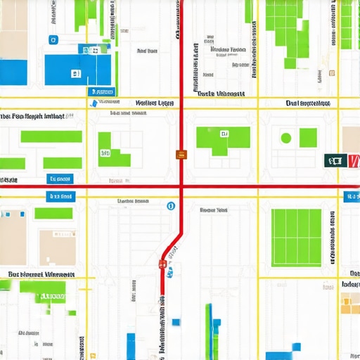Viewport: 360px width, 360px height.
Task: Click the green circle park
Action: [x=286, y=138]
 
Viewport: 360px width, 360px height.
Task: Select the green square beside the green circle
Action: [x=308, y=137]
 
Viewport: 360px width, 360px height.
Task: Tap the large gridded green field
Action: [x=296, y=238]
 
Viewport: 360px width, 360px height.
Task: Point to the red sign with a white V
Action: [x=352, y=161]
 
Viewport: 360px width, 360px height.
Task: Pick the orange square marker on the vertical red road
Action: [x=181, y=154]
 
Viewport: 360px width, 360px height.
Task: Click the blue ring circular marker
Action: [x=170, y=206]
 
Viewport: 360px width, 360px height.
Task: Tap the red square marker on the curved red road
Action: [x=163, y=264]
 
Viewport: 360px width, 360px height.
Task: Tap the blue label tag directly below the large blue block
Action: [x=101, y=91]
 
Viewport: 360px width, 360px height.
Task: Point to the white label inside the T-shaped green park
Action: [x=224, y=133]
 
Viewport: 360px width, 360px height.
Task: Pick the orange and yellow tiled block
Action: [x=349, y=303]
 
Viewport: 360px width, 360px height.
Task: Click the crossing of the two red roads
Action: [x=181, y=186]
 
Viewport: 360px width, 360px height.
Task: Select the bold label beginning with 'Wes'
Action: [x=154, y=102]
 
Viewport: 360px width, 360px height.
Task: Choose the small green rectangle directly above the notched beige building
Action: [x=53, y=213]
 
